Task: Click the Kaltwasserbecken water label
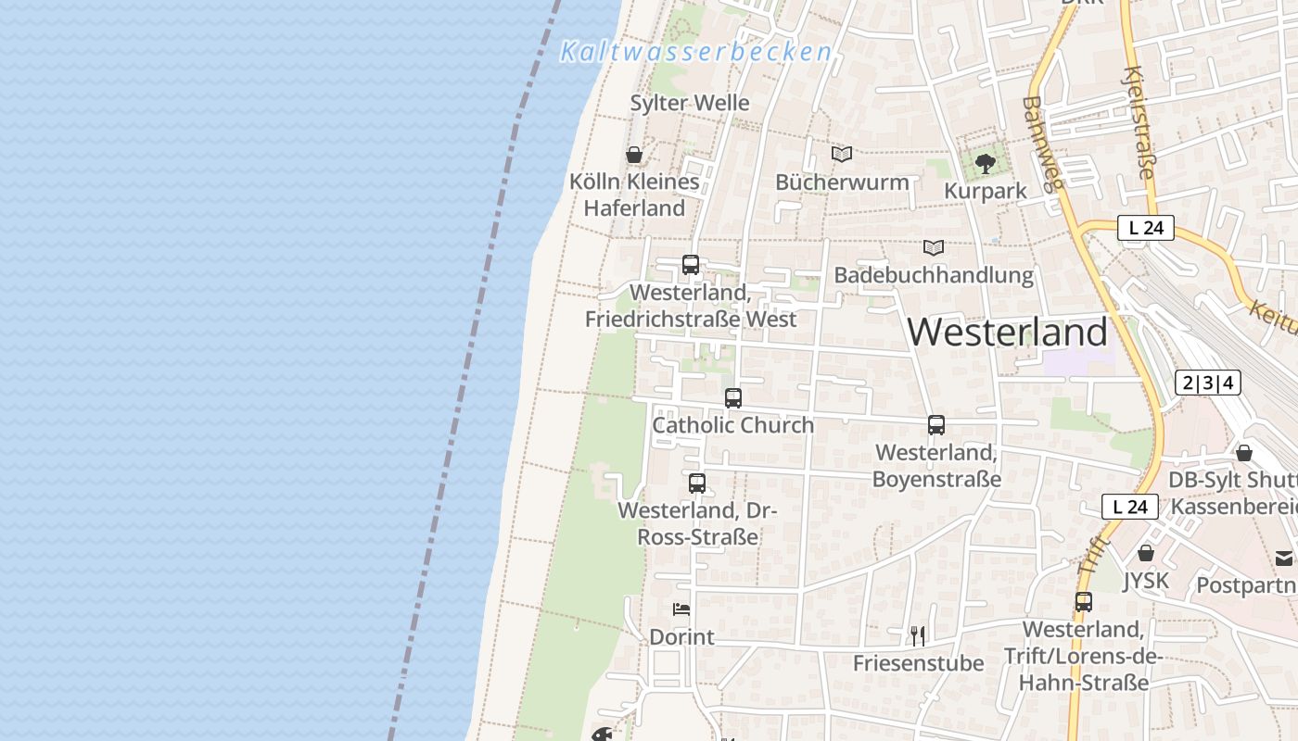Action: [x=695, y=52]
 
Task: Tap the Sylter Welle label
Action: [x=690, y=103]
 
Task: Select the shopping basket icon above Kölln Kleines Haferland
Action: [x=634, y=155]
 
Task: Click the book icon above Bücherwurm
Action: [x=842, y=155]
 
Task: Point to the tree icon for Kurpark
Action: [x=985, y=164]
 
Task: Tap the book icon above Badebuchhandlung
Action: [x=934, y=248]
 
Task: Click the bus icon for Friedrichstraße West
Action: [x=691, y=265]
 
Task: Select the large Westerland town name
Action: [x=1008, y=332]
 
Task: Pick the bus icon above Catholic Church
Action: [x=733, y=398]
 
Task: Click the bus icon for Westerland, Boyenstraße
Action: [x=936, y=425]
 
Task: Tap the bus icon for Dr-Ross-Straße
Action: [x=697, y=484]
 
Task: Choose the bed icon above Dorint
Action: [x=681, y=609]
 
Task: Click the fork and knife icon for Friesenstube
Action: [x=918, y=635]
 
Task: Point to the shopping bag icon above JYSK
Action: [x=1146, y=553]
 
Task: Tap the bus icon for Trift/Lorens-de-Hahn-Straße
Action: [x=1084, y=602]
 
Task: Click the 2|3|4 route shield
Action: [x=1208, y=383]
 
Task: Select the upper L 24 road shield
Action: [x=1146, y=228]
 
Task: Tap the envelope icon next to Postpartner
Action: [x=1284, y=559]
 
